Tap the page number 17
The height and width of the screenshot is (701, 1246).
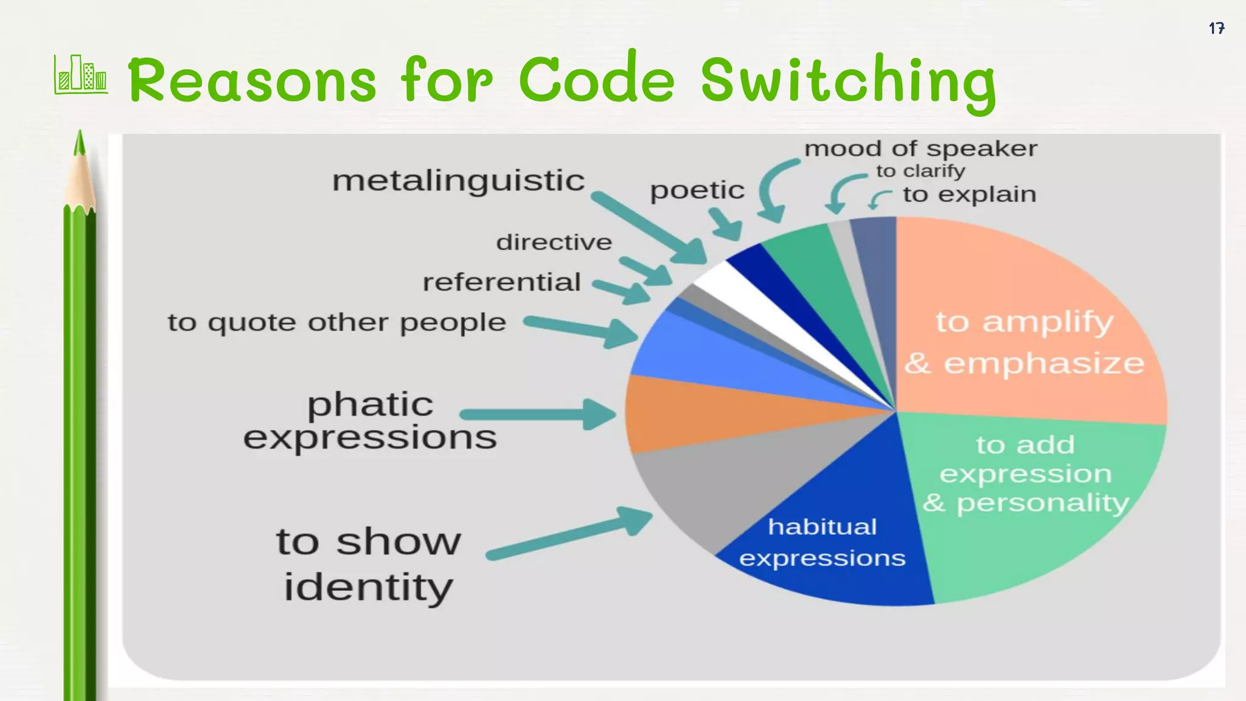pos(1216,29)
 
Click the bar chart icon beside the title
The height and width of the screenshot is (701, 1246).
pos(81,75)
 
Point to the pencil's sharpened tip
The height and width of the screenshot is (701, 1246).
pos(79,143)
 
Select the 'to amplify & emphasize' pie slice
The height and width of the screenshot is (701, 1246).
pos(1028,341)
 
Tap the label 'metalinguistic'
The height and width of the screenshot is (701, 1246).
pos(458,181)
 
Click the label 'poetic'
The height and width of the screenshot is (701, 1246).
pos(697,190)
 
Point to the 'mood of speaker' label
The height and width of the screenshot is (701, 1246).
pos(921,148)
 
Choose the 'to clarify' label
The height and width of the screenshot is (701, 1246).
pos(920,171)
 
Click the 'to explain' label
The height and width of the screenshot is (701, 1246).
pos(969,195)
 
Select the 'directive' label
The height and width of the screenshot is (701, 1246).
pos(554,242)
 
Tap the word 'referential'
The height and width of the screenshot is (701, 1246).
pos(501,282)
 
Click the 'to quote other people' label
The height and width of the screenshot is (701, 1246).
pos(336,323)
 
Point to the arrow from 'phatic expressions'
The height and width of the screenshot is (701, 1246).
pos(535,415)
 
